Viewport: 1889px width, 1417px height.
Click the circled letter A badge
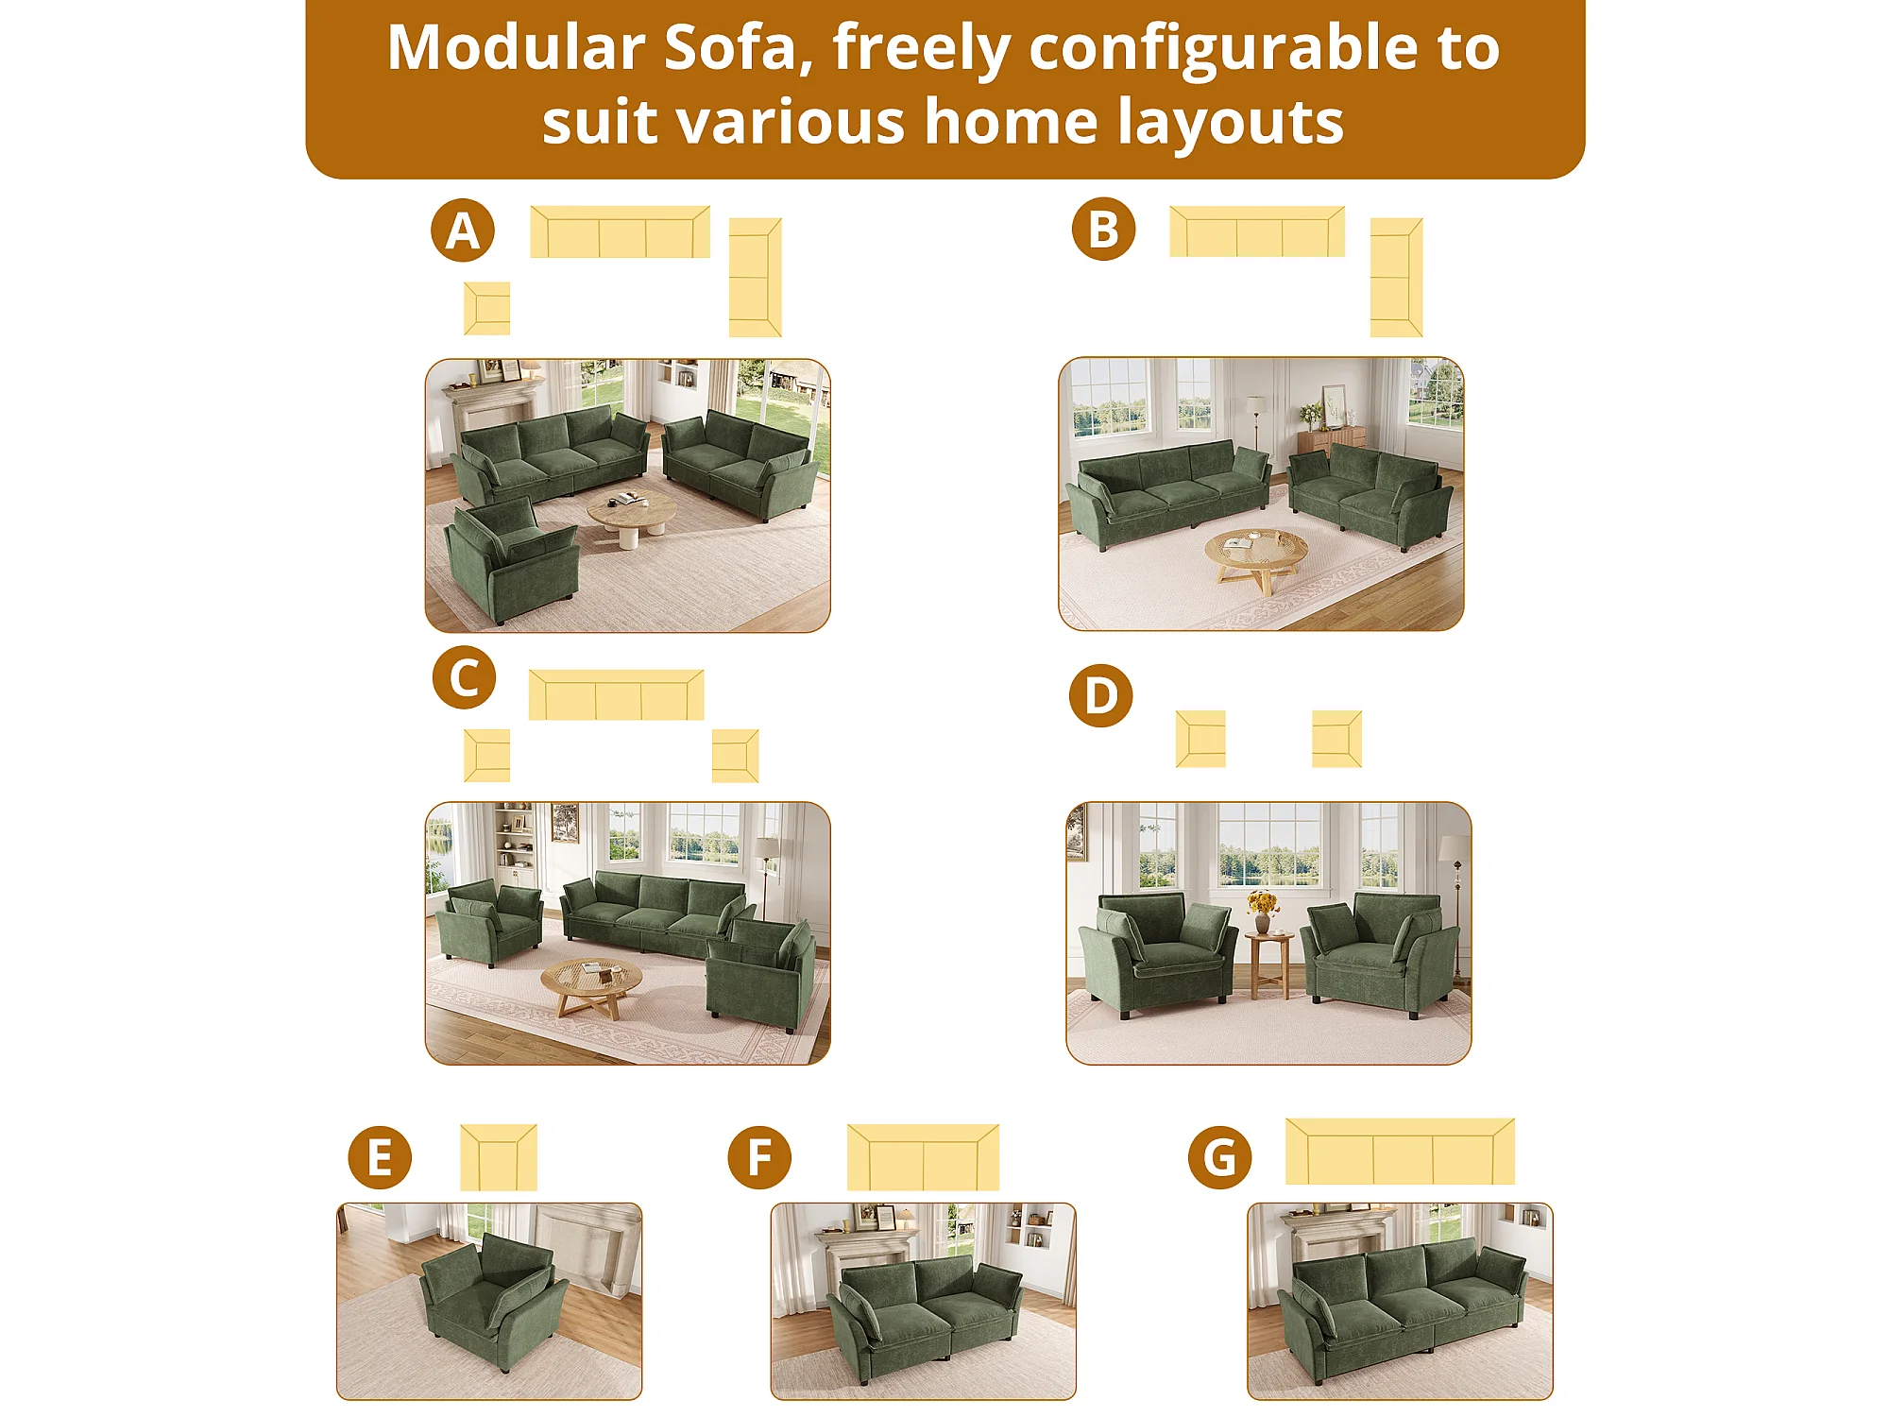coord(463,230)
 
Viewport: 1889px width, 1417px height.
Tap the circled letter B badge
coord(1103,230)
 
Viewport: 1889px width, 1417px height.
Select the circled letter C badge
coord(464,677)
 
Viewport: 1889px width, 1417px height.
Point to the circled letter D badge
coord(1100,695)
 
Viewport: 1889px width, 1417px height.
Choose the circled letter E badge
coord(380,1157)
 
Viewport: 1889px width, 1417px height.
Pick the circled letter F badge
coord(759,1157)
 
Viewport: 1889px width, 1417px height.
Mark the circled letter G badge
coord(1219,1157)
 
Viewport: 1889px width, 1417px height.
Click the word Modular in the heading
coord(517,47)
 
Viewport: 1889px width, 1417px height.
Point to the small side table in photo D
coord(1268,964)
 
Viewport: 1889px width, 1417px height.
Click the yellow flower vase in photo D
coord(1262,912)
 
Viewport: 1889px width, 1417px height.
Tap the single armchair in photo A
coord(510,562)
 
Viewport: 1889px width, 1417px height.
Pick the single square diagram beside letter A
coord(486,308)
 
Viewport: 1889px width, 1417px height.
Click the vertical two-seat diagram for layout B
coord(1396,278)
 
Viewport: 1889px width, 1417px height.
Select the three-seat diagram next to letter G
coord(1400,1152)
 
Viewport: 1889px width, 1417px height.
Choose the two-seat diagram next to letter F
coord(923,1157)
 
